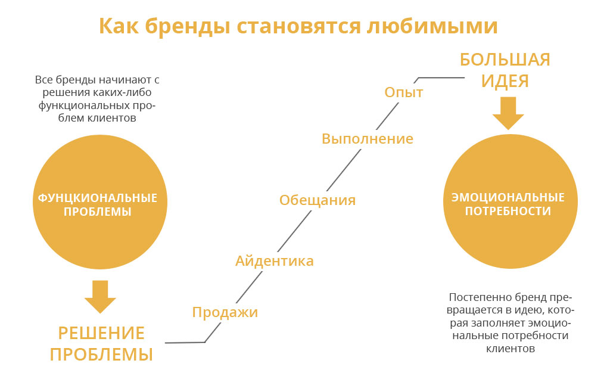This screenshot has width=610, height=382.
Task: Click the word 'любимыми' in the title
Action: tap(432, 26)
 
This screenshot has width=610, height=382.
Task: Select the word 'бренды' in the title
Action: tap(188, 26)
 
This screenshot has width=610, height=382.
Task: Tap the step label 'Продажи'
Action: tap(225, 312)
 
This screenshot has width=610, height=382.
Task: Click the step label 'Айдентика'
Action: tap(274, 260)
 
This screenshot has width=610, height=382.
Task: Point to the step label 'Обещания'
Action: tap(318, 200)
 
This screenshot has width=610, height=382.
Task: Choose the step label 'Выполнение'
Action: tap(367, 139)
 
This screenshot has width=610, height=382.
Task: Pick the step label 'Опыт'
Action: tap(403, 92)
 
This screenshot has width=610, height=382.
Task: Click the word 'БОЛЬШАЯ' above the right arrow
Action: tap(505, 60)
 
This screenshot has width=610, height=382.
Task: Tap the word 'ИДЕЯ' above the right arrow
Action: tap(505, 81)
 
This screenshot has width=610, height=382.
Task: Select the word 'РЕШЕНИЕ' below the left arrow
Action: tap(101, 333)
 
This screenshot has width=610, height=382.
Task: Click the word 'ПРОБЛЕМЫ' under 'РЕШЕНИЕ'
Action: tap(101, 355)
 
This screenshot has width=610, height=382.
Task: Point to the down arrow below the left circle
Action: tap(100, 297)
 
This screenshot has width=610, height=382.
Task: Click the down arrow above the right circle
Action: tap(508, 113)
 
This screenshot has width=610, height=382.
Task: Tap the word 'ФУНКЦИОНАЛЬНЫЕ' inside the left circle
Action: tap(98, 198)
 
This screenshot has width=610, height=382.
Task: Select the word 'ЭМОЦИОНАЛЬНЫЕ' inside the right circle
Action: tap(508, 198)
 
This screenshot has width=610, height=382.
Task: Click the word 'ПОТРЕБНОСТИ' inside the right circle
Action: tap(508, 211)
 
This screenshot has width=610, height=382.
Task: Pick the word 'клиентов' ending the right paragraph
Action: tap(511, 348)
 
